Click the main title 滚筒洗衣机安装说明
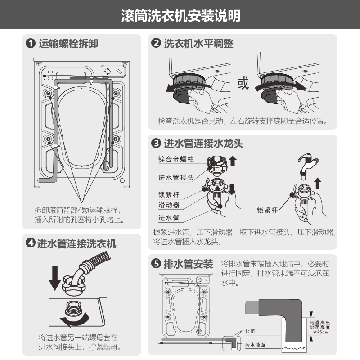point(181,16)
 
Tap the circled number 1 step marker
point(31,43)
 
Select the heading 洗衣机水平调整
point(198,43)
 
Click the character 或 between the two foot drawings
point(243,83)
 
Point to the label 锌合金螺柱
point(176,159)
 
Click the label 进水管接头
point(176,177)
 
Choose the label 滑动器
point(169,205)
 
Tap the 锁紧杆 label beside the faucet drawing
point(267,210)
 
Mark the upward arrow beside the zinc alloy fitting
point(233,161)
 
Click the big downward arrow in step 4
point(55,278)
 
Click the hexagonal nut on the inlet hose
point(73,285)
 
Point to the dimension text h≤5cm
point(320,332)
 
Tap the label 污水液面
point(255,345)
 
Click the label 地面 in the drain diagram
point(250,331)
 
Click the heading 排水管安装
point(188,264)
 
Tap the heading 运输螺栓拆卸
point(68,43)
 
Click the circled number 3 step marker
point(156,143)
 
